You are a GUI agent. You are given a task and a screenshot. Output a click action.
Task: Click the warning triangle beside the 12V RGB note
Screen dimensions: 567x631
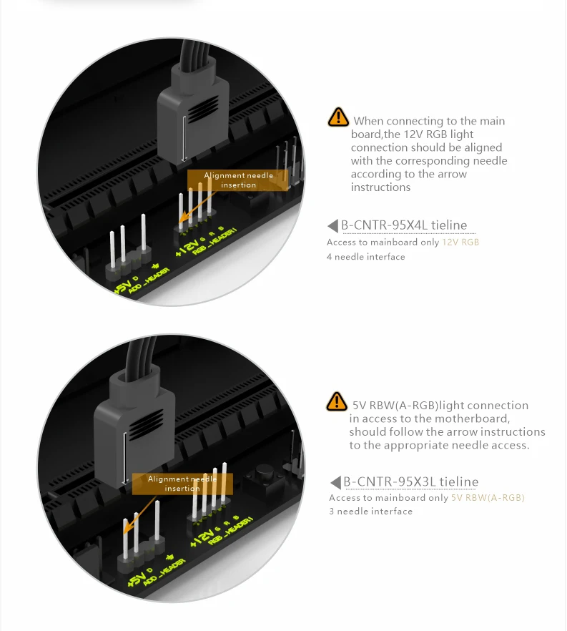pos(338,117)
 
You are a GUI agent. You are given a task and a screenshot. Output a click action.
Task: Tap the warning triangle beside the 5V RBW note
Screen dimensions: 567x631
pos(337,401)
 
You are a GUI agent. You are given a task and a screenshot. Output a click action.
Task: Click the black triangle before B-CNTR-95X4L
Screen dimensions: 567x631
pos(333,226)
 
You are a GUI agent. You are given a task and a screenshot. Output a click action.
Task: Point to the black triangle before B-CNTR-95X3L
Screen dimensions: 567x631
pos(335,482)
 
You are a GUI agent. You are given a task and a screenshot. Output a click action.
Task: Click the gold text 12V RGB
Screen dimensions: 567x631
pos(460,243)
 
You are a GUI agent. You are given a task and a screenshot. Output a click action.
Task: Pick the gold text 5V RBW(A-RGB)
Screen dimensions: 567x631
pos(488,498)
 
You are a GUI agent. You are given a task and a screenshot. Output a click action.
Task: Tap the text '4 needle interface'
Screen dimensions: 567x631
pos(366,257)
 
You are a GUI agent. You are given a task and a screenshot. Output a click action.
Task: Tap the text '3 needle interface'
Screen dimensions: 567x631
pos(371,511)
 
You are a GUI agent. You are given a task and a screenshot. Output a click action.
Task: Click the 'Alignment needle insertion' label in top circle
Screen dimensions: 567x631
pos(238,180)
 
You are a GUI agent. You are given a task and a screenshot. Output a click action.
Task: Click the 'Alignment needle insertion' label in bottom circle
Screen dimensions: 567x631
pos(182,484)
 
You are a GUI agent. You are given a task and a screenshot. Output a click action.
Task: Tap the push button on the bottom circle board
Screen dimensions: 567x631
pos(263,477)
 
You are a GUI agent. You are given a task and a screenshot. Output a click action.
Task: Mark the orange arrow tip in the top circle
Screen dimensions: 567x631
pos(179,221)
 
